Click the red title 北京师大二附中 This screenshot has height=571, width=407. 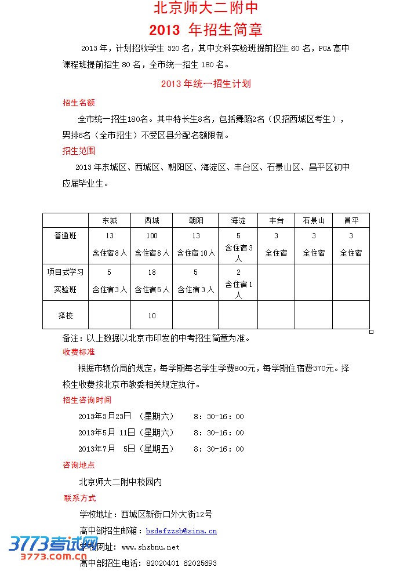click(x=206, y=9)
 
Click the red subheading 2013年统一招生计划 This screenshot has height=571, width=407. click(x=206, y=83)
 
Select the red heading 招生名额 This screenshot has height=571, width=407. click(x=79, y=103)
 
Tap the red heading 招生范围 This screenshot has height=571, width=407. click(x=79, y=151)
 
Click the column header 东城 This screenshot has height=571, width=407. click(x=110, y=220)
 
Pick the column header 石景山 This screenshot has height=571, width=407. click(x=314, y=220)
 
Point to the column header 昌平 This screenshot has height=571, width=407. click(x=351, y=220)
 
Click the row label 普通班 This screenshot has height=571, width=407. click(x=65, y=236)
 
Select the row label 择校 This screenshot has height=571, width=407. click(x=65, y=315)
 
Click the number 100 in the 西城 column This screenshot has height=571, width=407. click(x=152, y=236)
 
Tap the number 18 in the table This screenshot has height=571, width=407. click(x=152, y=272)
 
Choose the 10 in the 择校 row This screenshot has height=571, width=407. click(x=152, y=315)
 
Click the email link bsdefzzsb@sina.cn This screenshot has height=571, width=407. click(x=181, y=530)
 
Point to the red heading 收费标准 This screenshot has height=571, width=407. click(x=79, y=352)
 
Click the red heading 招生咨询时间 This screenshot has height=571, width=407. click(x=87, y=400)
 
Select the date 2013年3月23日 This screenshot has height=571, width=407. click(x=105, y=416)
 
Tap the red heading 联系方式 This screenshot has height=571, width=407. click(x=80, y=498)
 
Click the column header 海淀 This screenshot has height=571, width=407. click(x=238, y=220)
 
